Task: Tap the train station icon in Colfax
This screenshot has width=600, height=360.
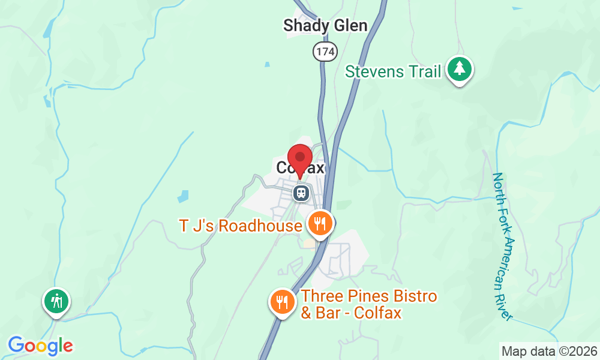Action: (x=301, y=193)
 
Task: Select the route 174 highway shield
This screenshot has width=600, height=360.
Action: (x=323, y=52)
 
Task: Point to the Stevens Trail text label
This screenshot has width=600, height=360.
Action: (x=393, y=72)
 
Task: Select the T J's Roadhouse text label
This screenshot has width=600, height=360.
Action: (x=240, y=226)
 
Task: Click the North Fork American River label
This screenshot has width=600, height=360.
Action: (x=503, y=246)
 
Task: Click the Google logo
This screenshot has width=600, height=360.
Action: (x=40, y=346)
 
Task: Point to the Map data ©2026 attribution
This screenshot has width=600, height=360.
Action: (x=548, y=351)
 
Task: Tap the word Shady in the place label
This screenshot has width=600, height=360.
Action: (x=306, y=26)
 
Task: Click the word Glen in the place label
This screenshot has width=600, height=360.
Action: (x=350, y=26)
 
